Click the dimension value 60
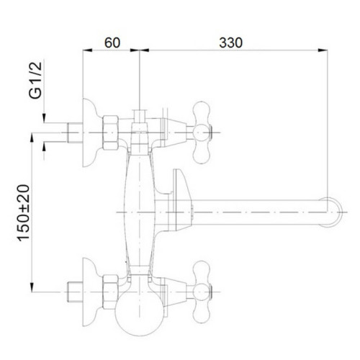[x=112, y=42]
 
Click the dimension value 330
[x=230, y=42]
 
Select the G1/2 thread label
[x=35, y=81]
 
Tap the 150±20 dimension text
[x=23, y=212]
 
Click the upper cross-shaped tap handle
[x=202, y=132]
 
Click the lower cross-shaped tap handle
[x=202, y=292]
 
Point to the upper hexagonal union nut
[x=111, y=132]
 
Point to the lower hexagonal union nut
[x=111, y=292]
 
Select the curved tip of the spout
[x=335, y=212]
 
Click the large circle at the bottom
[x=139, y=311]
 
